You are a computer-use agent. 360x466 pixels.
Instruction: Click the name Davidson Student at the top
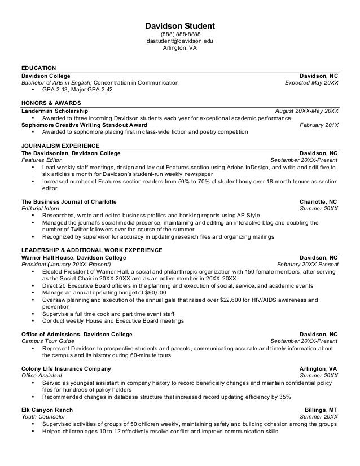pos(180,26)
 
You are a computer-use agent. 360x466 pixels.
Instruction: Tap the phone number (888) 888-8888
pos(180,35)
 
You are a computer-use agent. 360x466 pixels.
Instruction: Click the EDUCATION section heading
pos(38,68)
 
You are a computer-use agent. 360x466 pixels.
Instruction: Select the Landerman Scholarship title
pos(54,111)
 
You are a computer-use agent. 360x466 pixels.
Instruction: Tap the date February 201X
pos(319,125)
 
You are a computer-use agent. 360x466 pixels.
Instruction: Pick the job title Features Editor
pos(41,160)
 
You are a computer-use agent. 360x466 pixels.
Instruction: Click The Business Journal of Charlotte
pos(69,201)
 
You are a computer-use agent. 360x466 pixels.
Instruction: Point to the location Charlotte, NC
pos(318,201)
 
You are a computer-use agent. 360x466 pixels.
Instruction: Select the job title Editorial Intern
pos(40,208)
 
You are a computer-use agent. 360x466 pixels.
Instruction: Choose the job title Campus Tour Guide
pos(46,341)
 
